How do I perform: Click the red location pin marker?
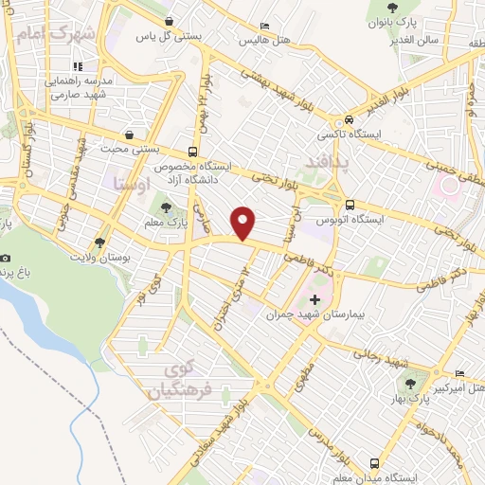tap(244, 222)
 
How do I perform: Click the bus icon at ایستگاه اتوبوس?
tap(350, 205)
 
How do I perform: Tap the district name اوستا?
tap(132, 182)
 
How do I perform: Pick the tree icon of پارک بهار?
tap(409, 384)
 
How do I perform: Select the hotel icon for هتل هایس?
tap(263, 27)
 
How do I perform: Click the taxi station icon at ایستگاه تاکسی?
tap(350, 120)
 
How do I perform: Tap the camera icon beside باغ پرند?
tap(6, 259)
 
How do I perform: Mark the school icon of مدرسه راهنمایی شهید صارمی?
tap(78, 66)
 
